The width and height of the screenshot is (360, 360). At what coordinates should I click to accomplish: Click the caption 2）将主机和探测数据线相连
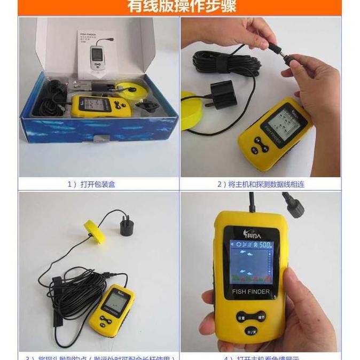[261, 184]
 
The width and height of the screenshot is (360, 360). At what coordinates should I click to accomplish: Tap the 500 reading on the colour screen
[264, 245]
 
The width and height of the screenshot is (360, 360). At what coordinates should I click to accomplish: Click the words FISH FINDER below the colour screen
[251, 292]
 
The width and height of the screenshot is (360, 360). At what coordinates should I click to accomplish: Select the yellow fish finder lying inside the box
[96, 107]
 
